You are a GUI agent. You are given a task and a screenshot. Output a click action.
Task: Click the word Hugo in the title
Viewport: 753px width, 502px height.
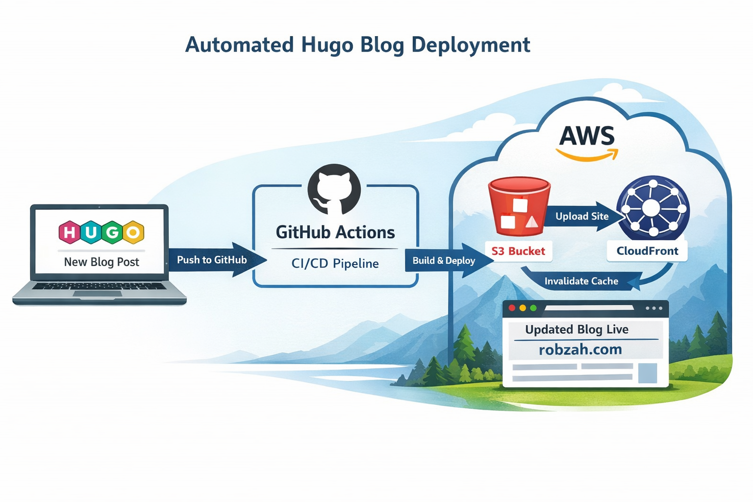pyautogui.click(x=327, y=45)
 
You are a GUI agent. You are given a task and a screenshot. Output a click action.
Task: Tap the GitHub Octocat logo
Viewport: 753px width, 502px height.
pyautogui.click(x=334, y=190)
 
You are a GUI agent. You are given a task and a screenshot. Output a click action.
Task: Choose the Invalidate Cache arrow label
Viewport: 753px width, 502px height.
pyautogui.click(x=581, y=281)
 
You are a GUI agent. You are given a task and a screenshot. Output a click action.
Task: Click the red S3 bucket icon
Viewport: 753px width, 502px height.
pyautogui.click(x=519, y=207)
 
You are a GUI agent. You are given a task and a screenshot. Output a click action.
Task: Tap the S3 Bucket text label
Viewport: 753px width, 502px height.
pyautogui.click(x=518, y=251)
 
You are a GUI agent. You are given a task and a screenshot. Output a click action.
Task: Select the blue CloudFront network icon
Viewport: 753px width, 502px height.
pyautogui.click(x=653, y=208)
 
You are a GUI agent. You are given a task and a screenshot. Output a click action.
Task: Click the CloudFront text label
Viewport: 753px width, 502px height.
pyautogui.click(x=647, y=251)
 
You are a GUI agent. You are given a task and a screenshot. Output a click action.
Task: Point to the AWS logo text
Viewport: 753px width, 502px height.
pyautogui.click(x=587, y=136)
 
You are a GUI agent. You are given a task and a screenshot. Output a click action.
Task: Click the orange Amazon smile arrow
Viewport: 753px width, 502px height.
pyautogui.click(x=587, y=156)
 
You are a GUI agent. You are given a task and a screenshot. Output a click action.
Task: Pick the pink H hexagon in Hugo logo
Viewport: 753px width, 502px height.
pyautogui.click(x=70, y=232)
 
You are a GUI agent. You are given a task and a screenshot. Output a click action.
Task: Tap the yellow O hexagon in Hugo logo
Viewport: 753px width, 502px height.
pyautogui.click(x=133, y=232)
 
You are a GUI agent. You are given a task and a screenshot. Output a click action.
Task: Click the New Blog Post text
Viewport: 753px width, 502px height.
pyautogui.click(x=101, y=262)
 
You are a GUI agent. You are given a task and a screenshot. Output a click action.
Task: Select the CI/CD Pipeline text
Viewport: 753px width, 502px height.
pyautogui.click(x=335, y=264)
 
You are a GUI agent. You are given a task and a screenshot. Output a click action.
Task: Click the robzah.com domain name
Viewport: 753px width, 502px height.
pyautogui.click(x=580, y=350)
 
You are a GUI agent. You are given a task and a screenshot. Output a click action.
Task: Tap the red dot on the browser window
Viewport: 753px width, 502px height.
pyautogui.click(x=512, y=308)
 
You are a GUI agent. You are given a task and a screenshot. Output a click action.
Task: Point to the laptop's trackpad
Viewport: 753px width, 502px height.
pyautogui.click(x=97, y=294)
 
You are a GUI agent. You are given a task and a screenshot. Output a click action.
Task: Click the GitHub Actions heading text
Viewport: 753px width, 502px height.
pyautogui.click(x=335, y=232)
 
